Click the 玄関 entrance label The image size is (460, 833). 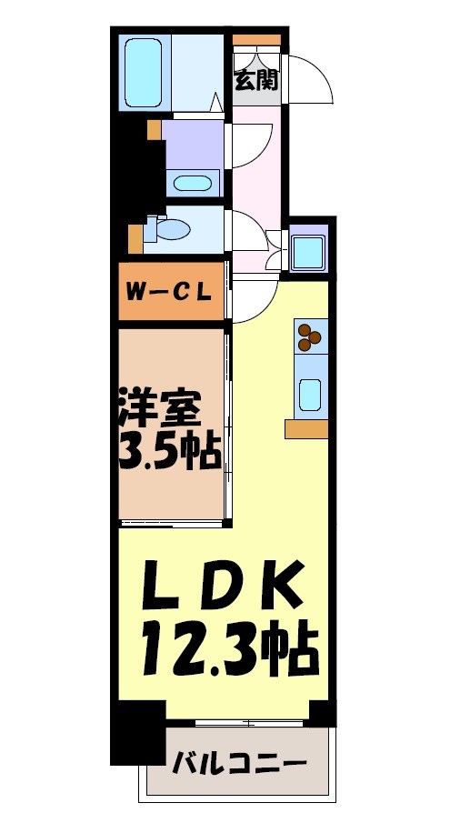(x=256, y=79)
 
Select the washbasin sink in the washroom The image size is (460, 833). (x=192, y=182)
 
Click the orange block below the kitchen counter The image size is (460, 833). (x=305, y=429)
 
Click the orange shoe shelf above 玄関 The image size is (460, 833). (x=257, y=39)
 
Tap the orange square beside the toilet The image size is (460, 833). (x=135, y=238)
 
